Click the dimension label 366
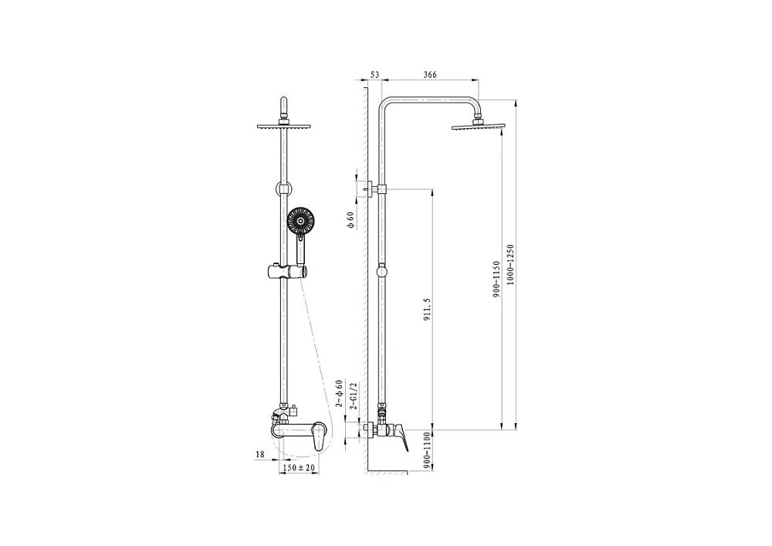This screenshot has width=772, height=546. (430, 75)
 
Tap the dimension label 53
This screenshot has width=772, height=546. (374, 75)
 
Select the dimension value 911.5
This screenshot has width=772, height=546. (427, 309)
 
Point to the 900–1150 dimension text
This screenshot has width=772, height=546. (496, 279)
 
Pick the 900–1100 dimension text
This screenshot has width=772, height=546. (427, 449)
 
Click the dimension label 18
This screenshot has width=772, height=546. (260, 454)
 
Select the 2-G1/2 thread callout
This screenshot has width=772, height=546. (353, 395)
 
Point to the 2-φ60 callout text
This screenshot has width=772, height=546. (339, 394)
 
